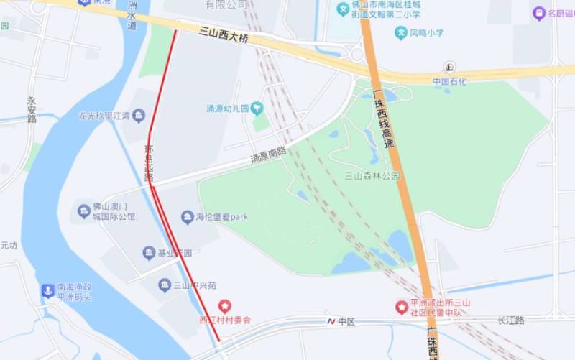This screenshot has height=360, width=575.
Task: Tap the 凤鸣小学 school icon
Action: (x=400, y=32)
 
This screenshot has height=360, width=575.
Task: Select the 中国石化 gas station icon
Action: (x=450, y=68)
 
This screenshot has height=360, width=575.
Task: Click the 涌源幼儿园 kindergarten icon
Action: (x=257, y=109)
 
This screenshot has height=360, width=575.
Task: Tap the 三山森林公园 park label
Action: (x=372, y=176)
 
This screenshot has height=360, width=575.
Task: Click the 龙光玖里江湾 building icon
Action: (x=139, y=115)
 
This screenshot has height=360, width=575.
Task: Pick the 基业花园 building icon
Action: (x=149, y=253)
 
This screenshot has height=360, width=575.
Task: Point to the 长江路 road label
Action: (x=510, y=320)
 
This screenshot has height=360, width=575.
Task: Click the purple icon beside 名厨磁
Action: (x=538, y=13)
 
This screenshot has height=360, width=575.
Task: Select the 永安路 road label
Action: (x=32, y=109)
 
